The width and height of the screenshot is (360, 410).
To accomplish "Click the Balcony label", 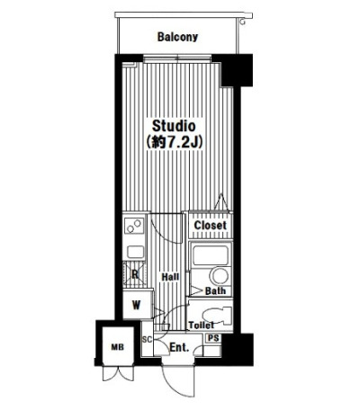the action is point(177,37).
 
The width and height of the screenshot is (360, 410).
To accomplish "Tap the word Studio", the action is point(174,126).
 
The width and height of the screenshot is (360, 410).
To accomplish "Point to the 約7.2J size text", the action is point(174,143).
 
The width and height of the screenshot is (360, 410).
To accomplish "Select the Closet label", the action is point(210,225).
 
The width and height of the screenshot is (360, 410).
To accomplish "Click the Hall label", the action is point(170,277).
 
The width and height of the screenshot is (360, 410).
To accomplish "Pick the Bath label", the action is point(215,290).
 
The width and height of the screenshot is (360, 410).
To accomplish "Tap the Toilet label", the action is point(202,325).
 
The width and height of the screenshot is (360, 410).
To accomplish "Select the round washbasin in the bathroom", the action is point(220,276).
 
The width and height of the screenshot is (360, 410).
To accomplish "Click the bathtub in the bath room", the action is point(210,254).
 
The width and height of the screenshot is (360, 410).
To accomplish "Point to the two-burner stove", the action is point(134,226).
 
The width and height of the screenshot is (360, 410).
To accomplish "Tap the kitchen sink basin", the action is point(136,252).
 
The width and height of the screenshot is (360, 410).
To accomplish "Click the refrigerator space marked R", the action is point(135,274).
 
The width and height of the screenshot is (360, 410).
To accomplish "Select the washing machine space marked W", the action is point(137,305).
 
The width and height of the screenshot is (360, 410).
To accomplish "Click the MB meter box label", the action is point(118,347).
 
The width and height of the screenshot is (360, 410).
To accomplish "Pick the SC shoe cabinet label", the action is point(147,340).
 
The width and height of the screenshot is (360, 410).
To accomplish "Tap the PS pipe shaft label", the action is point(214,338).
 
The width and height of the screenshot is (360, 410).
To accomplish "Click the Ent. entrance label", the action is point(179,347).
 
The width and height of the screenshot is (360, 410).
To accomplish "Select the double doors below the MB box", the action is point(118,373).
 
